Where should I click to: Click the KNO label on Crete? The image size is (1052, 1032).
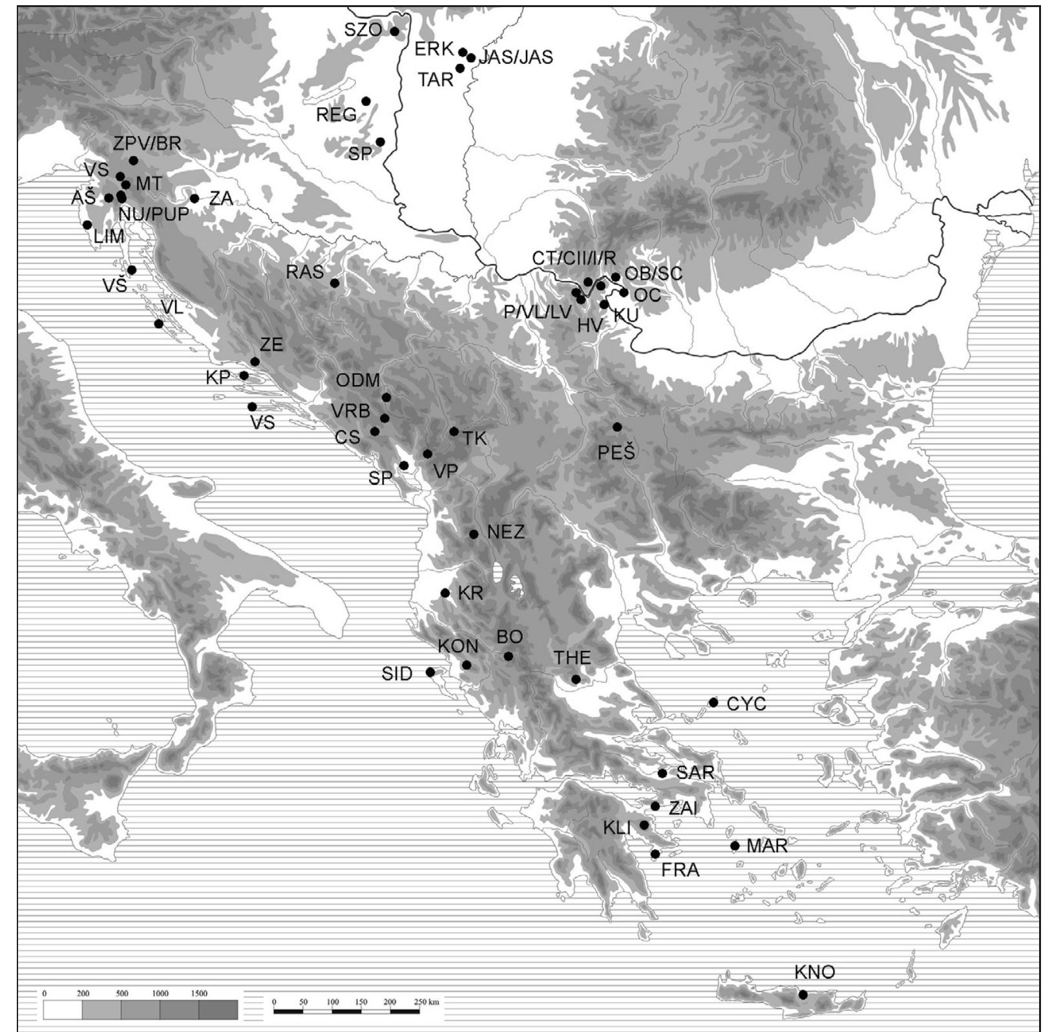pos(814,971)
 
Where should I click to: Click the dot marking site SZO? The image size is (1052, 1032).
pos(395,31)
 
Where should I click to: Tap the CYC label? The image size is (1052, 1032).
pos(746,703)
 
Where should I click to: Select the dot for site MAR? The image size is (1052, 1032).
pos(735,845)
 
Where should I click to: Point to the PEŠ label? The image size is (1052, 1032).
pos(616,452)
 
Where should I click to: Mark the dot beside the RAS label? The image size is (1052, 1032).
pos(335,283)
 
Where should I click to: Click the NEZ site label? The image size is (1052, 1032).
pos(506,532)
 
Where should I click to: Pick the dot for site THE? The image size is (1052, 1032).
pos(576,679)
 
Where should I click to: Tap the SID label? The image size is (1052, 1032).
pos(397,674)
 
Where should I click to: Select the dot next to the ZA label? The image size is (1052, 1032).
pos(195,198)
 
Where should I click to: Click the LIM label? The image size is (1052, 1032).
pos(109,236)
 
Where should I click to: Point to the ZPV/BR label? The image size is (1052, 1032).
pos(147,143)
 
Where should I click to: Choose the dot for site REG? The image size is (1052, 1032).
pos(366,101)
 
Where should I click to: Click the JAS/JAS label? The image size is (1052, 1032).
pos(516,57)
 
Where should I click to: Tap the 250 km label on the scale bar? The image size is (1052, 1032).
pos(426,1002)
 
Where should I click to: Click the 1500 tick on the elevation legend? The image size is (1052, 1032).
pos(199,993)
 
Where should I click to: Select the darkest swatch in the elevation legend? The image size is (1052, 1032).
pos(218,1009)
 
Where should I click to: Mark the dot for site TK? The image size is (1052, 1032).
pos(454,431)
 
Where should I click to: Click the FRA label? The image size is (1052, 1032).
pos(680,870)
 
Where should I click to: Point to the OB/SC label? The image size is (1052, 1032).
pos(653,273)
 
